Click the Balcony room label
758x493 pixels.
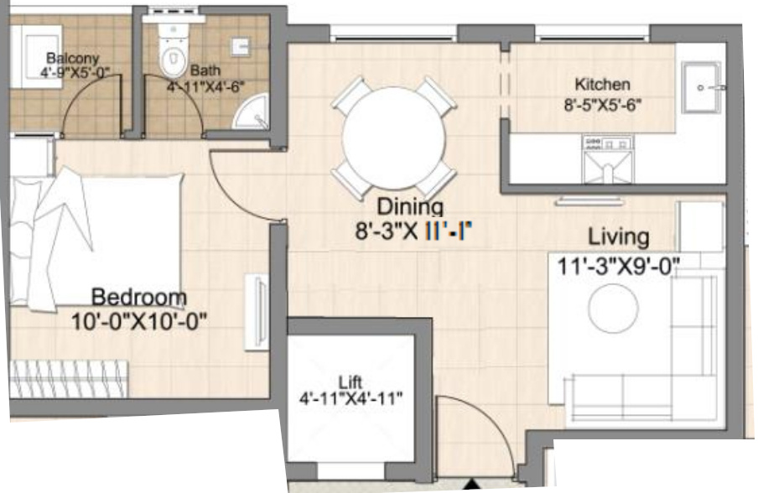(x=72, y=59)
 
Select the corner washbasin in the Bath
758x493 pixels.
(x=252, y=112)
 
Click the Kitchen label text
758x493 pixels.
(x=602, y=84)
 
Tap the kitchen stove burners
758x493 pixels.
(x=608, y=143)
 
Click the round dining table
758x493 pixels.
(x=393, y=138)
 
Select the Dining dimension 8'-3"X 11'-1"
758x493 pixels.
(x=413, y=231)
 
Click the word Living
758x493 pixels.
(x=618, y=236)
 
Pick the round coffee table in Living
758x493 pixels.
(x=613, y=308)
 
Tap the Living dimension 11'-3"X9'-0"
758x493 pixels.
(x=619, y=266)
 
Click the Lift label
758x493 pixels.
(x=350, y=382)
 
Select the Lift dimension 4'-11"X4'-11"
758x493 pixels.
(x=351, y=399)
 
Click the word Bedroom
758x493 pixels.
(x=138, y=297)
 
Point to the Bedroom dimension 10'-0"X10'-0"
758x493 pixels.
(x=139, y=321)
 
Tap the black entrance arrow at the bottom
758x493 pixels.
(x=472, y=485)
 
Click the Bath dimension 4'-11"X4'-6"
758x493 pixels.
(x=205, y=87)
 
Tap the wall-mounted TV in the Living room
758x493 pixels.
(x=589, y=201)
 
